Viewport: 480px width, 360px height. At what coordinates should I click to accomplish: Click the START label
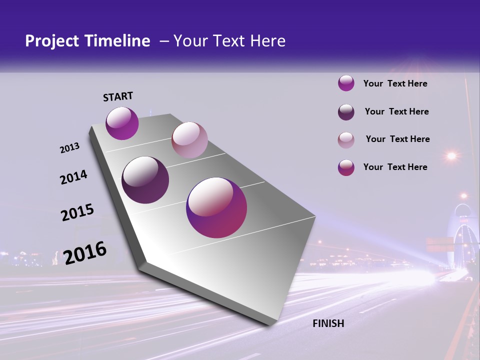118,96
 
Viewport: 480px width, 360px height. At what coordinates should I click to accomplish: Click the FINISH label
328,323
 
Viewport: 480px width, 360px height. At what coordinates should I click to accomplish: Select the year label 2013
70,148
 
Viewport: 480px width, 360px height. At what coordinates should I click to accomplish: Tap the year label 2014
74,177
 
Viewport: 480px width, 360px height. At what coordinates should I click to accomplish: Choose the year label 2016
85,252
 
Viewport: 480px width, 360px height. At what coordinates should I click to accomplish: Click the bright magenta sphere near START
122,123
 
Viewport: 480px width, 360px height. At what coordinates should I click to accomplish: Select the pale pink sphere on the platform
189,140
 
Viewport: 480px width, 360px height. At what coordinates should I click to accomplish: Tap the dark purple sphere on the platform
145,180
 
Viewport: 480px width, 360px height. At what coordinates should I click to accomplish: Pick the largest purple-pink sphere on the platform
216,207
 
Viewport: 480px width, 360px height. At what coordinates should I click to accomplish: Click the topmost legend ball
346,83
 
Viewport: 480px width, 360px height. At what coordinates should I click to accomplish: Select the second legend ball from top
346,112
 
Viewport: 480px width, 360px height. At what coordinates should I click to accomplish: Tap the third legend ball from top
346,140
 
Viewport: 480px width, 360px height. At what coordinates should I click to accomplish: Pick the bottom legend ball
346,167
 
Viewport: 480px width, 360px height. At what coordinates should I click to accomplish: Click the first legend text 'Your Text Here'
395,83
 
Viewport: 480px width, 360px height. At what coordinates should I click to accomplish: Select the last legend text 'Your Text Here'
395,167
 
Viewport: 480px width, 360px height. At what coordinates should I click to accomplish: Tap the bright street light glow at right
451,156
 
